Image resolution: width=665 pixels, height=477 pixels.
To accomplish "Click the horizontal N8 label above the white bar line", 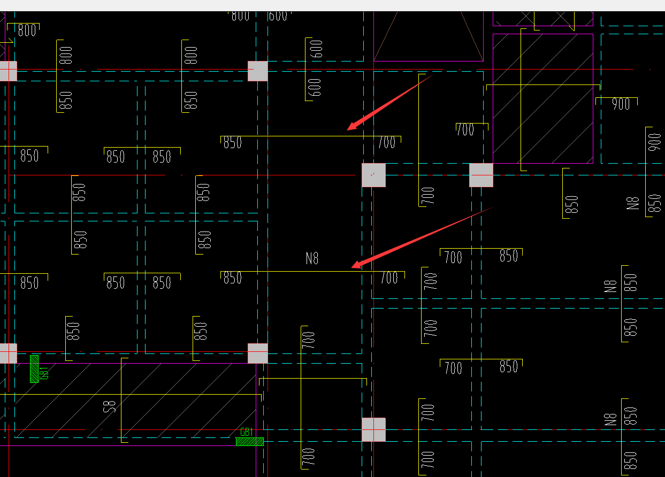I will pyautogui.click(x=312, y=258).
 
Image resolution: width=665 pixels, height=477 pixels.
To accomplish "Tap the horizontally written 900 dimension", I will pyautogui.click(x=621, y=104).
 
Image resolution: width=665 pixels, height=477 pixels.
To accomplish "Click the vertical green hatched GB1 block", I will pyautogui.click(x=34, y=368).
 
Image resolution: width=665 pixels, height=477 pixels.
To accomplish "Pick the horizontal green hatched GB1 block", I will pyautogui.click(x=250, y=442).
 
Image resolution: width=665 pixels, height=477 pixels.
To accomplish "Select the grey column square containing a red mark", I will pyautogui.click(x=373, y=175).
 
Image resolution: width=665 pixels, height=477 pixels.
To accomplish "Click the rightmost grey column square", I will pyautogui.click(x=481, y=175).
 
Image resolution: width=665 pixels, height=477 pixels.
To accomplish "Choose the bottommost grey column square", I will pyautogui.click(x=373, y=429).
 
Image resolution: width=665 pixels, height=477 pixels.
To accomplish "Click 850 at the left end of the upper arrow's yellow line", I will pyautogui.click(x=233, y=143).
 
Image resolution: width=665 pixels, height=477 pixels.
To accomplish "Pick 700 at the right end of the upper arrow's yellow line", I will pyautogui.click(x=386, y=142).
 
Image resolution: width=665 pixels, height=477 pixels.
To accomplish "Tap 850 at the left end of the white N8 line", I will pyautogui.click(x=233, y=278).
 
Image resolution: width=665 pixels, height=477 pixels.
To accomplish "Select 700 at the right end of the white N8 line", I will pyautogui.click(x=389, y=278).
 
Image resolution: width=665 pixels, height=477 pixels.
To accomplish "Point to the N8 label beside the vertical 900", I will pyautogui.click(x=633, y=203).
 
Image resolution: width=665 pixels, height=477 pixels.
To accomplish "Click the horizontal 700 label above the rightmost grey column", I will pyautogui.click(x=465, y=129).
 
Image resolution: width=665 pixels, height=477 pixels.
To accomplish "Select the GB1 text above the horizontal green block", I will pyautogui.click(x=247, y=432).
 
